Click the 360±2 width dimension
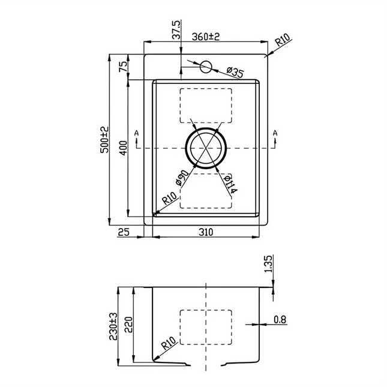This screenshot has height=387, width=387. [x=206, y=37]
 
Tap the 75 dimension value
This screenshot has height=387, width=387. [x=122, y=67]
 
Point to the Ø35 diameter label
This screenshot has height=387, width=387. [x=235, y=73]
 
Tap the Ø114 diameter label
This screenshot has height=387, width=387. [x=230, y=184]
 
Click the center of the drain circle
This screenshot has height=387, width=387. [x=205, y=147]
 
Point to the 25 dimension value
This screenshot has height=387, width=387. [x=124, y=232]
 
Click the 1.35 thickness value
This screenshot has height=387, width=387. [x=268, y=265]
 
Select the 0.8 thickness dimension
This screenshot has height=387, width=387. [x=280, y=320]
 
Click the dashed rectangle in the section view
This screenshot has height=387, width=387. [x=206, y=326]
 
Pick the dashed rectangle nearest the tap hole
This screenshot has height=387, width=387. [x=205, y=104]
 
